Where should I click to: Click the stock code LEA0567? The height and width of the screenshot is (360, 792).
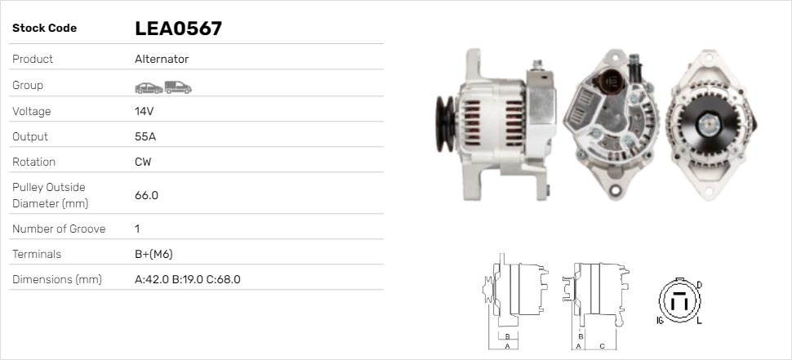coord(178,29)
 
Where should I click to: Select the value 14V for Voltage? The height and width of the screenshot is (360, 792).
coord(145,111)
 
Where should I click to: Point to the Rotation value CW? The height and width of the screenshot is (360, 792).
coord(143,162)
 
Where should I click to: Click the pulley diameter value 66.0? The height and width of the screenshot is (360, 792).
coord(146,195)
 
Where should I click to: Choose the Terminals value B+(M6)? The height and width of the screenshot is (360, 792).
coord(154,254)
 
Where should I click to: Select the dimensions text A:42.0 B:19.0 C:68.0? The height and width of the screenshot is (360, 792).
coord(187,279)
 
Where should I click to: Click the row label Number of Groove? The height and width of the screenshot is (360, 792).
coord(59,229)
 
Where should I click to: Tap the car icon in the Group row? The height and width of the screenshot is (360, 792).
coord(148,87)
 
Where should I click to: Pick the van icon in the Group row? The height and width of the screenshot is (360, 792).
coord(177,87)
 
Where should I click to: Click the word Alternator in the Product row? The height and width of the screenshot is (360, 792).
coord(162,59)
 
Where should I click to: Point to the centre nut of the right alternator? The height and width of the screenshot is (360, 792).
coord(707,125)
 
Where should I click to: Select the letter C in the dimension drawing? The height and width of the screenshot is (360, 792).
coord(602,345)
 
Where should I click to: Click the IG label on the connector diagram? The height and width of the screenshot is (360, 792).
coord(659,321)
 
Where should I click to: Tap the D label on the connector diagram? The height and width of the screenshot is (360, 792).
coord(698,284)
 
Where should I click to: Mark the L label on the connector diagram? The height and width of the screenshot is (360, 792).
coord(699,321)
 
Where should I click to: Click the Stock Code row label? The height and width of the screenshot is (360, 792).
coord(44,28)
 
